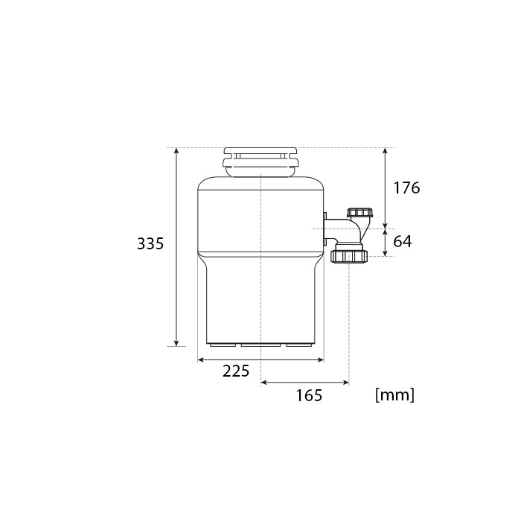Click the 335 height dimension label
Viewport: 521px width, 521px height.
tap(150, 243)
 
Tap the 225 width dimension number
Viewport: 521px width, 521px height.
tap(236, 371)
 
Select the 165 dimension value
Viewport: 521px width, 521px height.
tap(309, 395)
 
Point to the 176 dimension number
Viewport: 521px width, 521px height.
tap(406, 188)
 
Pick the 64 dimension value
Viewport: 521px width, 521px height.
tap(403, 242)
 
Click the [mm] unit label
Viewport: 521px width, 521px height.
tap(394, 395)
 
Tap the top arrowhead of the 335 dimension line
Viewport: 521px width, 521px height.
tap(176, 151)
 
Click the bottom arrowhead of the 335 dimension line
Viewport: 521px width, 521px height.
tap(176, 343)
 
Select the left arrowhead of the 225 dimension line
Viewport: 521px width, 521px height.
tap(201, 359)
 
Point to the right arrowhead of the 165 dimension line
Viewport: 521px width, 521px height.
tap(345, 383)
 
